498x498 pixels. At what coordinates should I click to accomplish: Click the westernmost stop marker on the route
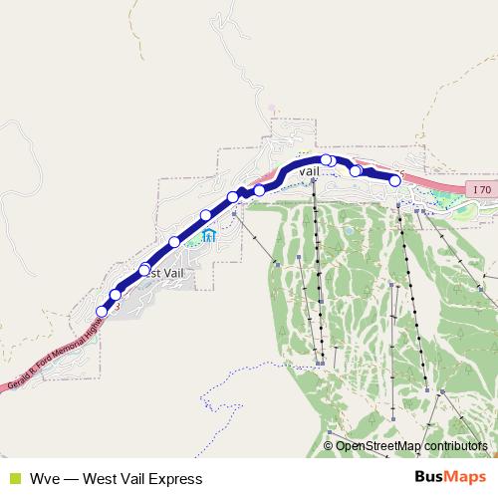pyautogui.click(x=102, y=312)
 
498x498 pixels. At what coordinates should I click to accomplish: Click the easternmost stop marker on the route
pyautogui.click(x=394, y=180)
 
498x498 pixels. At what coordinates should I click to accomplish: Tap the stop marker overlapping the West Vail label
pyautogui.click(x=144, y=270)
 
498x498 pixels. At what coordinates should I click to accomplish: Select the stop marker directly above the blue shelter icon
pyautogui.click(x=206, y=215)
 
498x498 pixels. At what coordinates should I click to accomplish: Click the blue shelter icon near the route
pyautogui.click(x=209, y=236)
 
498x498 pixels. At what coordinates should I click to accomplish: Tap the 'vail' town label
pyautogui.click(x=309, y=171)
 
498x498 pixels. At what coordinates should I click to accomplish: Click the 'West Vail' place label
pyautogui.click(x=164, y=273)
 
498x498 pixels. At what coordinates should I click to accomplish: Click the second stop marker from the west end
pyautogui.click(x=116, y=295)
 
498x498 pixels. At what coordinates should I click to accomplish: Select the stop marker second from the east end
pyautogui.click(x=356, y=171)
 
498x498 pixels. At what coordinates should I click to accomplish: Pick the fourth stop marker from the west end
pyautogui.click(x=174, y=242)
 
